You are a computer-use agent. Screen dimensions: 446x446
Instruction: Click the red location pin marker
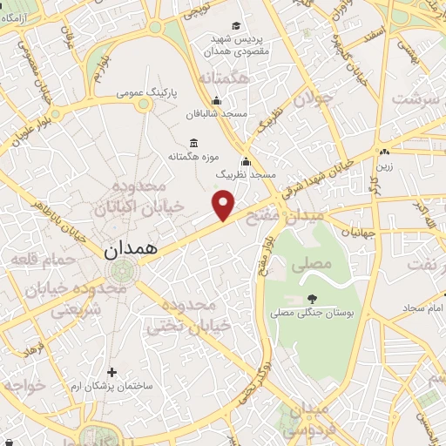coord(224,204)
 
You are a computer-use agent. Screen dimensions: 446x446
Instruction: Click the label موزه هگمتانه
coord(193,157)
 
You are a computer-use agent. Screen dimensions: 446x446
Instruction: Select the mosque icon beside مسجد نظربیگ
coord(247,161)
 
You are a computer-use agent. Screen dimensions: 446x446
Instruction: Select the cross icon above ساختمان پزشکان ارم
coord(111,372)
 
